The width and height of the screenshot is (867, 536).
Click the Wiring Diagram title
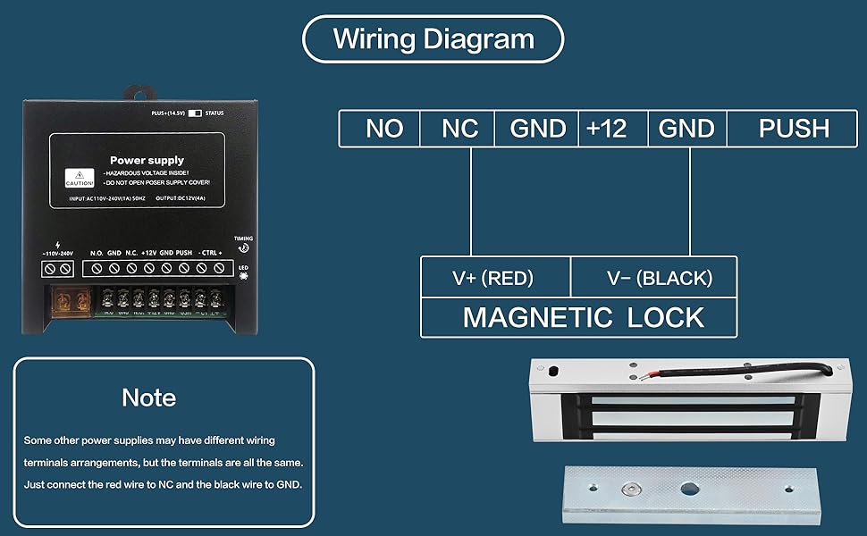pyautogui.click(x=433, y=39)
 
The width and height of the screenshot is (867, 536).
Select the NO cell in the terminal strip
pyautogui.click(x=384, y=129)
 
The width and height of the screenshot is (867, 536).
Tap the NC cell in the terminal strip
pyautogui.click(x=460, y=129)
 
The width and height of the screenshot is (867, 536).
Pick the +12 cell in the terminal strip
pyautogui.click(x=606, y=129)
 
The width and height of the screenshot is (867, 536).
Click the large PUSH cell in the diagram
pyautogui.click(x=794, y=129)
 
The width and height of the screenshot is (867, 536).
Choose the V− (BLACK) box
pyautogui.click(x=660, y=278)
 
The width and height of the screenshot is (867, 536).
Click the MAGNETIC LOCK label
pyautogui.click(x=583, y=317)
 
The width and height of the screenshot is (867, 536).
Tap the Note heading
pyautogui.click(x=149, y=398)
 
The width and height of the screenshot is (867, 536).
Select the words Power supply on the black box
pyautogui.click(x=147, y=161)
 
